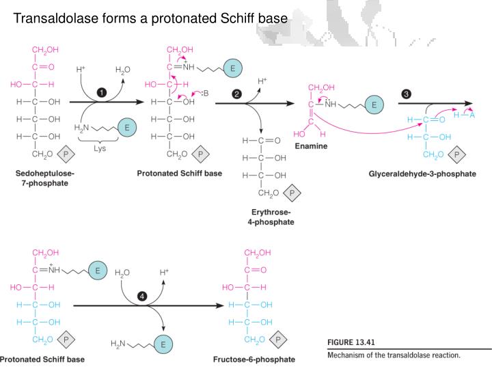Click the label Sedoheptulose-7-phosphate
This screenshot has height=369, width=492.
coord(45,178)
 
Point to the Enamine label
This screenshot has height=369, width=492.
coord(311,146)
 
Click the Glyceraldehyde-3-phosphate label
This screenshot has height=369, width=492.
coord(422,174)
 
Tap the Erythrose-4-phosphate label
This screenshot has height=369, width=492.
coord(271,217)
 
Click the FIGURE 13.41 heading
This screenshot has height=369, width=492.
coord(353,342)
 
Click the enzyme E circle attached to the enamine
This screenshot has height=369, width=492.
coord(373,105)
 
